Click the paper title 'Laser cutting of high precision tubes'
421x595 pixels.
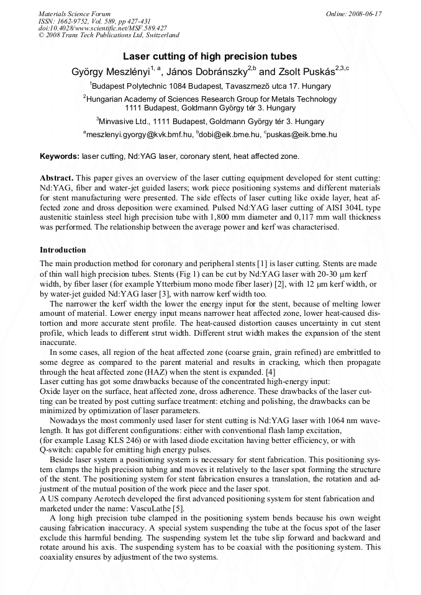210,56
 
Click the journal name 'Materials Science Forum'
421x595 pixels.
75,14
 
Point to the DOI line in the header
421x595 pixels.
102,29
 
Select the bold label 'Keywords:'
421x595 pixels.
60,156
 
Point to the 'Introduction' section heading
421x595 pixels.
63,250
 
